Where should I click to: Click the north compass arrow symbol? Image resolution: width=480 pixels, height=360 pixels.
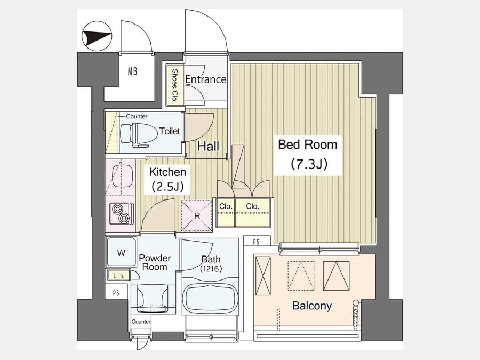[97, 36]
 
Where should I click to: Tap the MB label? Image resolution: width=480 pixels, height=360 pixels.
[132, 72]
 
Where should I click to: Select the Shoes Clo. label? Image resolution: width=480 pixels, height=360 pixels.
[175, 85]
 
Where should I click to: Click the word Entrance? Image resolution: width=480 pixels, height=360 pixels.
[206, 79]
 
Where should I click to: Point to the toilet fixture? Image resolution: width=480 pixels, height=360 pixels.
[135, 135]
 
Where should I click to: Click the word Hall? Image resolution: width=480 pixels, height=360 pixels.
[208, 146]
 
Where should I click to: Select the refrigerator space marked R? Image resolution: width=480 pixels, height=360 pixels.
[197, 216]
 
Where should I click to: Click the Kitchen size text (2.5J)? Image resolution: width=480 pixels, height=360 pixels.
[168, 187]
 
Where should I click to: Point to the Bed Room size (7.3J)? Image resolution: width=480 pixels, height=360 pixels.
[309, 164]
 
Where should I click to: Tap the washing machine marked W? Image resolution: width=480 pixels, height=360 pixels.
[122, 252]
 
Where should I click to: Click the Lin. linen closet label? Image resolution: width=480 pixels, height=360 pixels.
[119, 276]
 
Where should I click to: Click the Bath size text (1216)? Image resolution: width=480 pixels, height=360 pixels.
[211, 269]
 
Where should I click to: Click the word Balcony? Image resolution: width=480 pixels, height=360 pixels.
[312, 306]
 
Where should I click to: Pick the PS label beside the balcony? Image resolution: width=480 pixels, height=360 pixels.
[256, 242]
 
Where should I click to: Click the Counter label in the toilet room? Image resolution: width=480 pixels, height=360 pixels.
[137, 116]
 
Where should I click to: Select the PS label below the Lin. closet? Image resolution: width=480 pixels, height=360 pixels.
[116, 293]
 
